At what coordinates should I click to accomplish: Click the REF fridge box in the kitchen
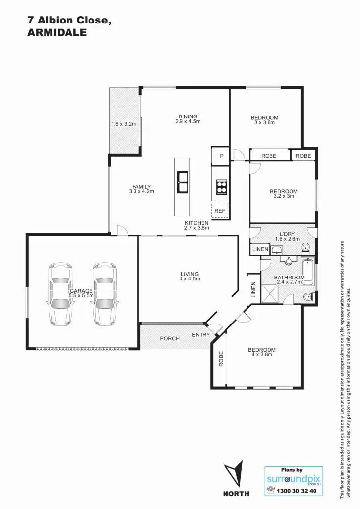[220, 211]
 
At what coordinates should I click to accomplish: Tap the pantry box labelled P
[221, 156]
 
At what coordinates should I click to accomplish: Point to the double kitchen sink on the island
[182, 182]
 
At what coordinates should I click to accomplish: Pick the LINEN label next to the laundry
[260, 249]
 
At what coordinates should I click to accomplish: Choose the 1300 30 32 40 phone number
[296, 491]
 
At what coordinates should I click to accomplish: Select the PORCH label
[170, 339]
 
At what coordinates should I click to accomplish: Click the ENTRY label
[201, 335]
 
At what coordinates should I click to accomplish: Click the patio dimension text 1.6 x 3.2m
[123, 124]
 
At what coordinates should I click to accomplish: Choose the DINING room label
[188, 116]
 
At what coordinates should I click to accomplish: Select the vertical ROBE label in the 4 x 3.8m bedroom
[221, 359]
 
